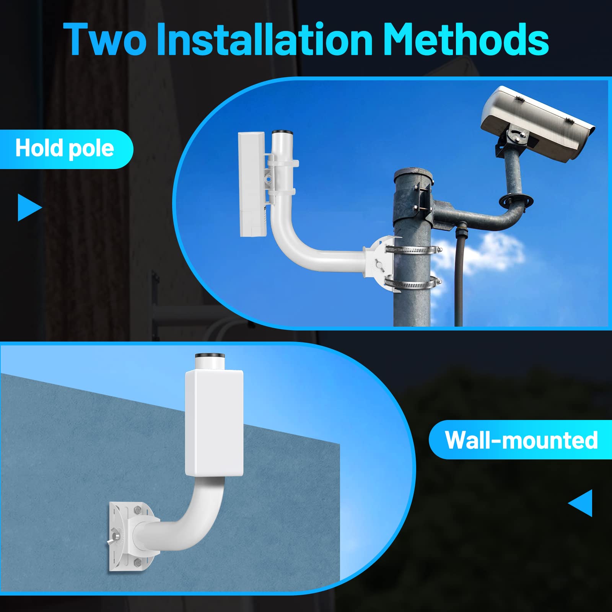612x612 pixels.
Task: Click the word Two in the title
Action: point(105,39)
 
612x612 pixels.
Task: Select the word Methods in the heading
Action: point(466,39)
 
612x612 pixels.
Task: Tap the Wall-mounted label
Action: point(521,440)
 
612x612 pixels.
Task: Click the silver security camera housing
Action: point(535,122)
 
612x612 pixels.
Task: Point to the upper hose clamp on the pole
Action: point(413,250)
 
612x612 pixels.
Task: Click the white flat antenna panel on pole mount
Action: point(251,184)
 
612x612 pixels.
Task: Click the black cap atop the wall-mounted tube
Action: point(210,356)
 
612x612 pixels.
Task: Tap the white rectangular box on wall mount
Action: point(214,423)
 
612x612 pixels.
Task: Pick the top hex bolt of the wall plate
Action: point(137,510)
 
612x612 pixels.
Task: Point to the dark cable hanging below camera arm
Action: point(458,275)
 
